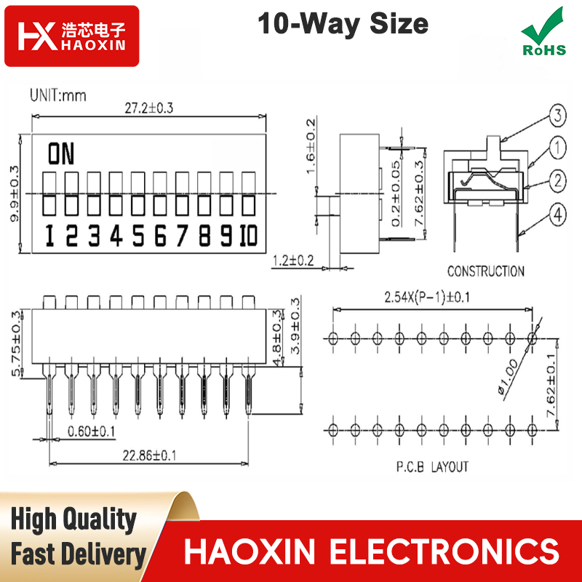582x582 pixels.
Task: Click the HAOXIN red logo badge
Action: tap(71, 36)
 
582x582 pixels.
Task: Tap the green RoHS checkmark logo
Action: tap(543, 32)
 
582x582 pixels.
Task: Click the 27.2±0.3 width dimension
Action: tap(149, 108)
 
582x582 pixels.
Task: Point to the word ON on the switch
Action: tap(61, 154)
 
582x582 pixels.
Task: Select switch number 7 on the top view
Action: tap(182, 193)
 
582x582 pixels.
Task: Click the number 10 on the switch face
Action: tap(248, 235)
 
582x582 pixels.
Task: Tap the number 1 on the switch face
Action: tap(49, 235)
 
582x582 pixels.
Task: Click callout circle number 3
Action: tap(558, 116)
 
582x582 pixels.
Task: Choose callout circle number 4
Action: tap(558, 215)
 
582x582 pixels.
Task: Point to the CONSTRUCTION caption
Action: tap(485, 271)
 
